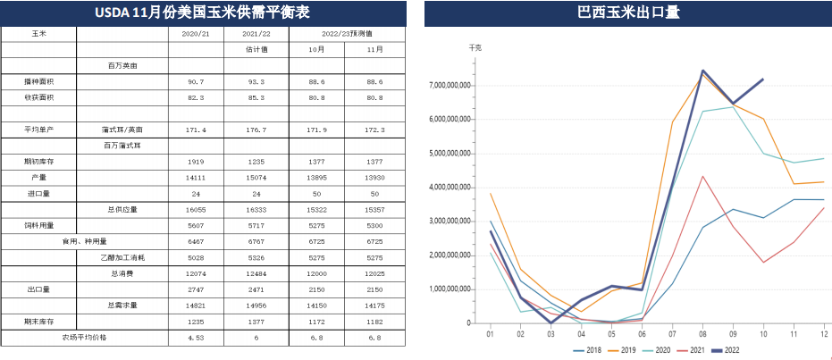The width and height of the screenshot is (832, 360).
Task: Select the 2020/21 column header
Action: [x=196, y=33]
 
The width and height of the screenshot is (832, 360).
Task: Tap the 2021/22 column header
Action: [x=256, y=33]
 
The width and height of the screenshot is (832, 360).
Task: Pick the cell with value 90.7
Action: [x=196, y=81]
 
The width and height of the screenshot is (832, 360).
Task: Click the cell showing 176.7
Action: [x=256, y=130]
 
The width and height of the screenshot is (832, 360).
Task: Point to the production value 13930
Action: [x=374, y=178]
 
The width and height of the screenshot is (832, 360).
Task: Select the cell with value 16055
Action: [x=196, y=210]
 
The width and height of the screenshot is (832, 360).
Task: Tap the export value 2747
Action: [x=196, y=289]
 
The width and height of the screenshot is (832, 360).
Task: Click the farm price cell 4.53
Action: [x=196, y=339]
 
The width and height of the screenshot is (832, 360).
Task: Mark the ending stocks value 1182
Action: [x=374, y=322]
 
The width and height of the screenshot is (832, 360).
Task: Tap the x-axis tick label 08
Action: [x=703, y=334]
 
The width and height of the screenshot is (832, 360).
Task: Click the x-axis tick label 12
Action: [x=822, y=334]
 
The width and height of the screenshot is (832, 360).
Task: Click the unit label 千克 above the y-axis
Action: [x=475, y=47]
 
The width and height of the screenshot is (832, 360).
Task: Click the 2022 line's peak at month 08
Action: [x=703, y=71]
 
